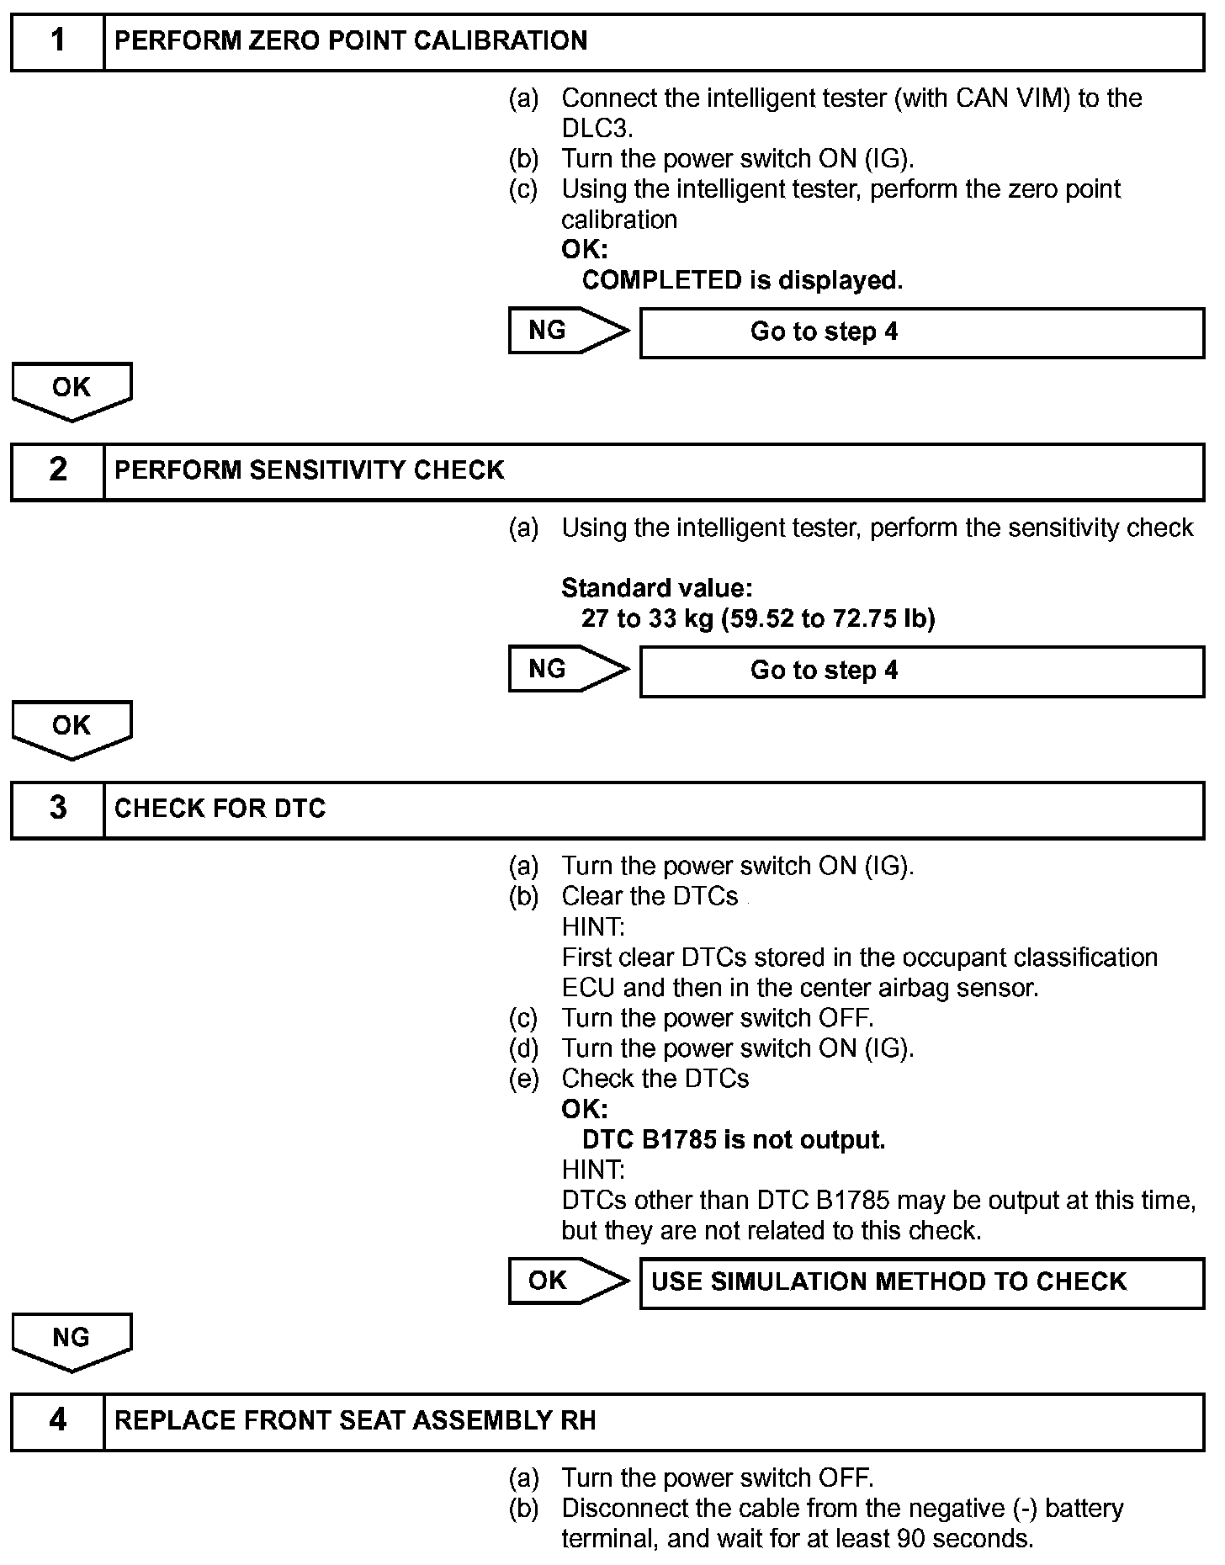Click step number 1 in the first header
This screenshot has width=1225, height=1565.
(57, 41)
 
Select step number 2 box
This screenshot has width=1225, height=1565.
(57, 470)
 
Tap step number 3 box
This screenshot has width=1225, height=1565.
(57, 809)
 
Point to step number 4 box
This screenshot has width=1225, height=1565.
(57, 1421)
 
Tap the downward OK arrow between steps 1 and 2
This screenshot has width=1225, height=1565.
(72, 390)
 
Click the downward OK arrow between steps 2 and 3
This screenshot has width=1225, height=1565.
(72, 728)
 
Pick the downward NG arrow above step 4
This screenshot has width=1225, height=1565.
(72, 1340)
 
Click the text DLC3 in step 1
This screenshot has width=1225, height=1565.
(595, 129)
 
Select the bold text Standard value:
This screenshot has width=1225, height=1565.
(656, 588)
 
